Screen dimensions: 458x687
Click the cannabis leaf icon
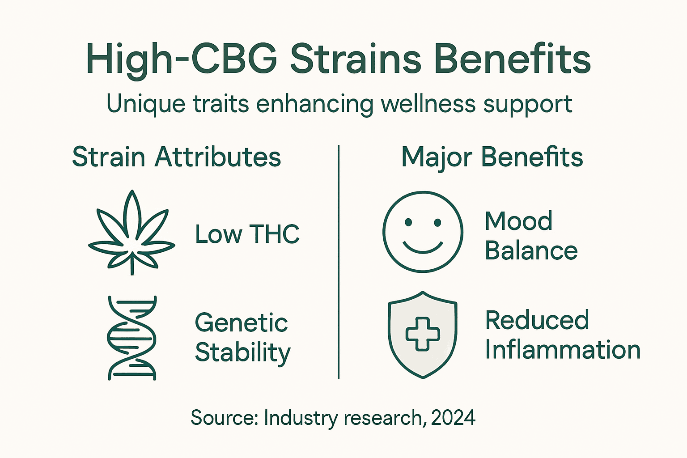pos(131,233)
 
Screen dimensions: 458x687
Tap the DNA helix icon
pos(132,338)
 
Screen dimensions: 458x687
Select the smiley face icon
pos(423,232)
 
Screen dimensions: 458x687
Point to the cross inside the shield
pos(423,334)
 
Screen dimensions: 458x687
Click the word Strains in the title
pos(356,59)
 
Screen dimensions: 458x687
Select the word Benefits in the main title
pos(512,59)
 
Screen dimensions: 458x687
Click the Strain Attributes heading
pos(176,157)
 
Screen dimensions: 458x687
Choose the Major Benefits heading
pos(492,157)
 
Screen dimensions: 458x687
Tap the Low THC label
pos(247,234)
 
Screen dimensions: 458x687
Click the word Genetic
pos(241,323)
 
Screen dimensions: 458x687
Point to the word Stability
pos(243,353)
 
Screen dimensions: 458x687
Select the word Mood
pos(519,221)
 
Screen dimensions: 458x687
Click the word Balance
pos(531,250)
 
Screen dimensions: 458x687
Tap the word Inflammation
pos(563,350)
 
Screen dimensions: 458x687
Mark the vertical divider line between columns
pos(339,262)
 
